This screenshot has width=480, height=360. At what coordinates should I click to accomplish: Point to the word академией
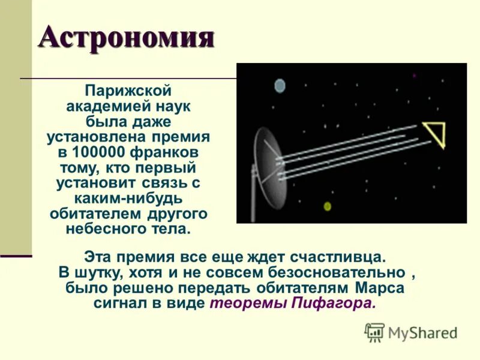[x=106, y=106]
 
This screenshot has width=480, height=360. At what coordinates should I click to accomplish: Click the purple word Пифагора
[x=334, y=303]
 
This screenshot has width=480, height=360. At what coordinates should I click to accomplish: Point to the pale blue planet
[x=280, y=86]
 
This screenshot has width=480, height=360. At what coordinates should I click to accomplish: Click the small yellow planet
[x=328, y=206]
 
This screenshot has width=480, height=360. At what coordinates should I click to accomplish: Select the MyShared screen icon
[x=374, y=332]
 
